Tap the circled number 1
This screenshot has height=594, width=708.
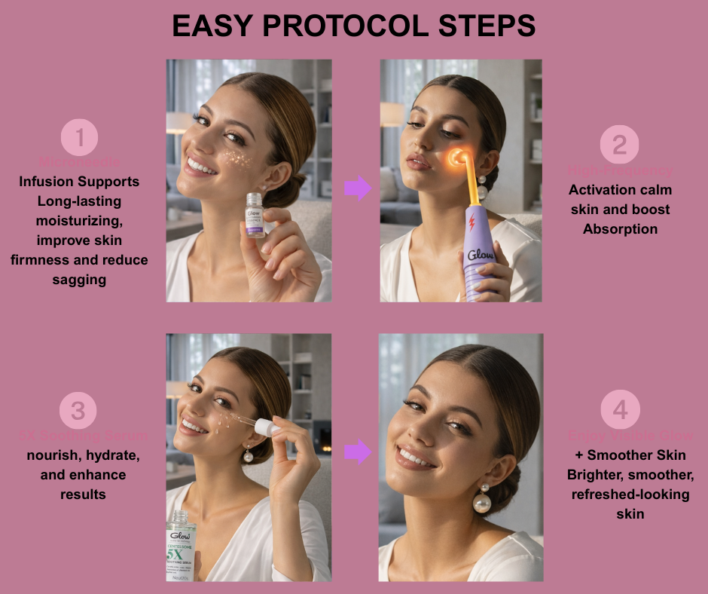coord(80,138)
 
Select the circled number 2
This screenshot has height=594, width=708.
coord(619,145)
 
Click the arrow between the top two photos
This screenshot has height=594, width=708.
coord(358,188)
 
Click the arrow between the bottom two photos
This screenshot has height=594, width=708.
coord(358,452)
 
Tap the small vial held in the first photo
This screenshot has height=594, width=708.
coord(255,216)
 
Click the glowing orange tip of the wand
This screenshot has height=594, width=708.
coord(456,158)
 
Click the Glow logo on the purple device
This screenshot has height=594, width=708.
coord(481,256)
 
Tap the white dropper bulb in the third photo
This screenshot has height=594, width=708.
coord(264,427)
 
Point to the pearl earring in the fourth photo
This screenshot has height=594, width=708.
coord(482,502)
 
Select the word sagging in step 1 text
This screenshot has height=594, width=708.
coord(79,280)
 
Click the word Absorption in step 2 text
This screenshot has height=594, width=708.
coord(620,228)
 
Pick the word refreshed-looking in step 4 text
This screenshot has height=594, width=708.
coord(620,494)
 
